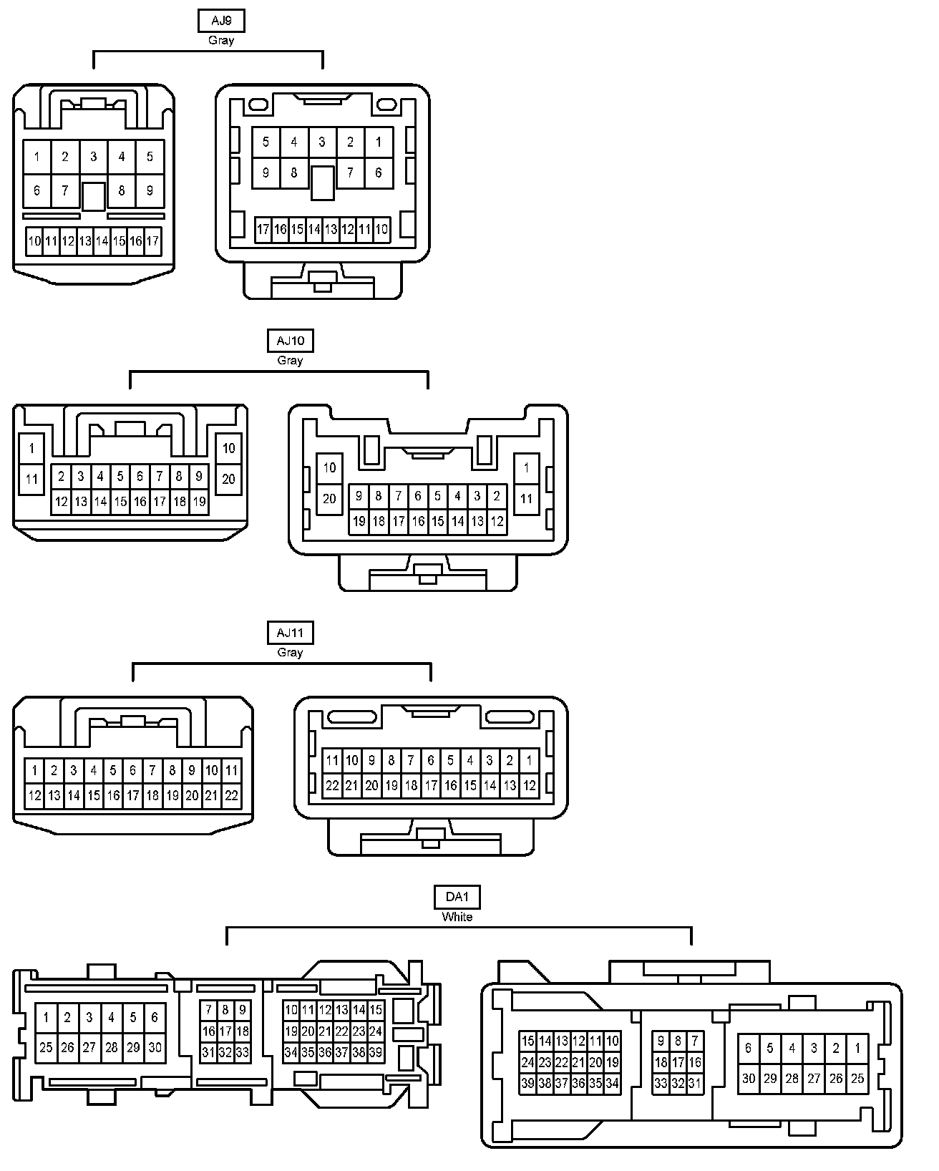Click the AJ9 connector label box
(221, 21)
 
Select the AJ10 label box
(290, 341)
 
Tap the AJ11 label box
(290, 633)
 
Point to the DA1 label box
(457, 897)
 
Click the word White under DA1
(457, 917)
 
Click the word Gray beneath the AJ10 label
(290, 361)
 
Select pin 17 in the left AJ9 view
(152, 241)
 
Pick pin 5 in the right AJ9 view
(266, 142)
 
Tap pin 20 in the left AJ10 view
(229, 479)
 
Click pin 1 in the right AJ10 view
(527, 468)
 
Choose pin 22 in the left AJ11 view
(231, 795)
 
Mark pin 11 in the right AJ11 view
(332, 760)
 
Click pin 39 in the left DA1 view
(376, 1052)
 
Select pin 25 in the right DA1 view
(857, 1078)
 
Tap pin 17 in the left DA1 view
(225, 1031)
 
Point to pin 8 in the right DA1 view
(678, 1041)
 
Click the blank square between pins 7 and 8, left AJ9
(93, 196)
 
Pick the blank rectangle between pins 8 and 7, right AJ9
(322, 183)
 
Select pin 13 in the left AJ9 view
(85, 241)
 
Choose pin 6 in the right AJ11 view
(430, 760)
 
